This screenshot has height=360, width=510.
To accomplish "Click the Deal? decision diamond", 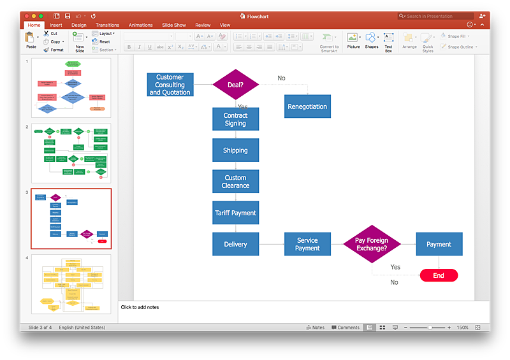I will tap(235, 84).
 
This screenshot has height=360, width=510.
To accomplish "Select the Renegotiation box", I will tap(307, 106).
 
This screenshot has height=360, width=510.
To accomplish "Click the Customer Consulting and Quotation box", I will tap(170, 85).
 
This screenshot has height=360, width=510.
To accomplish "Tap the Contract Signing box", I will tap(235, 119).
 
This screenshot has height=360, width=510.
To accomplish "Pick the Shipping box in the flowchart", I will tap(235, 150).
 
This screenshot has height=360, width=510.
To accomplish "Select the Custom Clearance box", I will tap(235, 182).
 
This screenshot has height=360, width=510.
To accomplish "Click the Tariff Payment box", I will tap(235, 213).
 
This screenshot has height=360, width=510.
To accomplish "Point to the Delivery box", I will tap(235, 244).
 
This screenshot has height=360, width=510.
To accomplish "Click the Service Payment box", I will tap(307, 244).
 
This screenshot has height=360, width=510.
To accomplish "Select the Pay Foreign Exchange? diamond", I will tap(372, 244).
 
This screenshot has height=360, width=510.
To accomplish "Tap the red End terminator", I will tap(439, 275).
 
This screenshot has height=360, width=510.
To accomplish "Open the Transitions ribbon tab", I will tap(108, 25).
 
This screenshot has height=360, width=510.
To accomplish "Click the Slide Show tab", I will tap(174, 25).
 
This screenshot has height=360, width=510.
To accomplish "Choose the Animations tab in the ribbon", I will tap(141, 25).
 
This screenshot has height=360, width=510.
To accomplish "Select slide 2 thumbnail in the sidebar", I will tap(71, 153).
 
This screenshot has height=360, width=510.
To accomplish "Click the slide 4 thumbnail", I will tap(71, 284).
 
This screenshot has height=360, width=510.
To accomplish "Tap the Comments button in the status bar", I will tap(346, 328).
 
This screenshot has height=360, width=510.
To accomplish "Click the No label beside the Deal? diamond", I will tap(281, 78).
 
